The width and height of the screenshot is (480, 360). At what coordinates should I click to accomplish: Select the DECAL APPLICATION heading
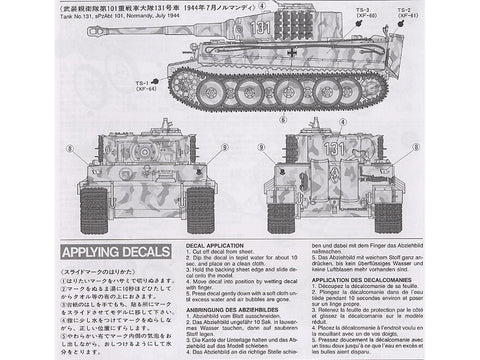(213, 241)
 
